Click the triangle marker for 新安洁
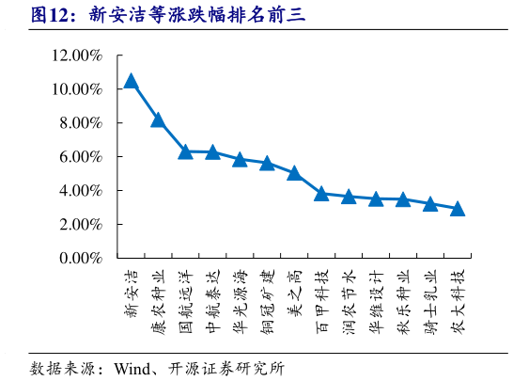pyautogui.click(x=131, y=81)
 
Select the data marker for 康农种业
pyautogui.click(x=158, y=119)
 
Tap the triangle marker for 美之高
pyautogui.click(x=294, y=173)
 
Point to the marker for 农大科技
pyautogui.click(x=458, y=208)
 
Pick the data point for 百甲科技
pyautogui.click(x=321, y=194)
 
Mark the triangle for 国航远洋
pyautogui.click(x=185, y=151)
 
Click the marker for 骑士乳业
pyautogui.click(x=430, y=203)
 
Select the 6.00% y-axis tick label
pyautogui.click(x=80, y=157)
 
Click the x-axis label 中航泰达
pyautogui.click(x=212, y=303)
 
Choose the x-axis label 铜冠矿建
pyautogui.click(x=267, y=303)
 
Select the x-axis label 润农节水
pyautogui.click(x=349, y=303)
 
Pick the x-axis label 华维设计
pyautogui.click(x=376, y=303)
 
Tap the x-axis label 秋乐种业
pyautogui.click(x=403, y=303)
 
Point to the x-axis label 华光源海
pyautogui.click(x=240, y=303)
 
